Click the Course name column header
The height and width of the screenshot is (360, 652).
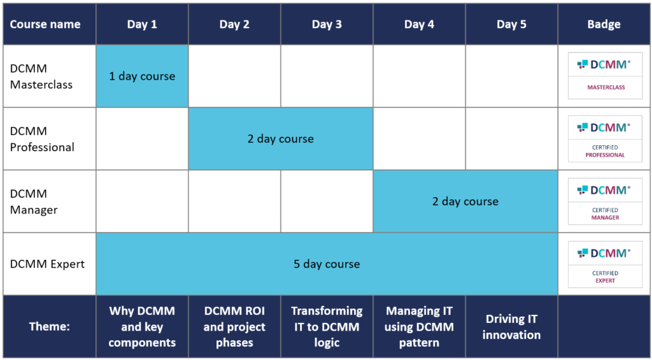[x=45, y=24]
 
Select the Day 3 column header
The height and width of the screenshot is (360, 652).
[x=327, y=24]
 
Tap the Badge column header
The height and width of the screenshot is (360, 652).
[x=604, y=24]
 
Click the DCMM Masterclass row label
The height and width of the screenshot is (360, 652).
[x=41, y=76]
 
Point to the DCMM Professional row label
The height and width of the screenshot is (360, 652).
[x=42, y=139]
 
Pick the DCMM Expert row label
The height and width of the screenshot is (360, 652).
[x=47, y=264]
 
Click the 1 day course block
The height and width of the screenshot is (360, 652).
[x=142, y=76]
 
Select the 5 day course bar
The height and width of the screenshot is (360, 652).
[x=327, y=264]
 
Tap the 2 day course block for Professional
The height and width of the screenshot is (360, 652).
[x=281, y=139]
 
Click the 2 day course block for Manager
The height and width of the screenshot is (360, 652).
[x=465, y=201]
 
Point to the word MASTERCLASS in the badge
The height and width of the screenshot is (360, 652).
[x=606, y=87]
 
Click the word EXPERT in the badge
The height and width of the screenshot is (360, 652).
[x=605, y=280]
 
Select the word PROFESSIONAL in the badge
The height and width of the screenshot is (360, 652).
[x=605, y=155]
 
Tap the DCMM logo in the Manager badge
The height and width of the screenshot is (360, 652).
[x=604, y=191]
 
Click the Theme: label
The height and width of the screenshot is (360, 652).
[x=49, y=326]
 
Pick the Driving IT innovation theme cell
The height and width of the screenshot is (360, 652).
[x=511, y=327]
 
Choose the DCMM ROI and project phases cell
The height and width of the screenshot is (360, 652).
[x=234, y=327]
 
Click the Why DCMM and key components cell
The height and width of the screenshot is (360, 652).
[x=142, y=327]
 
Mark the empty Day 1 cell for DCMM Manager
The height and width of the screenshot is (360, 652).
[x=142, y=201]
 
